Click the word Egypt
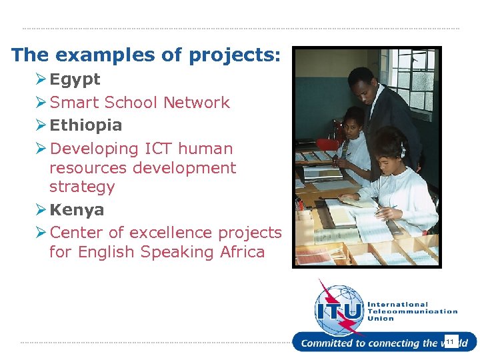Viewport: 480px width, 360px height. coord(75,80)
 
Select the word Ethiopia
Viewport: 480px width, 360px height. coord(86,125)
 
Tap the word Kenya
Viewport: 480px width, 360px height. coord(77,210)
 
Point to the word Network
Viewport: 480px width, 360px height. coord(197,103)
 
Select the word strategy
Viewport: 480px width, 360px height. coord(82,187)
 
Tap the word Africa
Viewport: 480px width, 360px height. coord(241,252)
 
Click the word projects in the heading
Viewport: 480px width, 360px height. coord(226,55)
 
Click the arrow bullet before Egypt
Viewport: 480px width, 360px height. coord(41,80)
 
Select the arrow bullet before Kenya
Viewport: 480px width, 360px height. coord(41,210)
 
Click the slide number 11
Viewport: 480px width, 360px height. coord(451,342)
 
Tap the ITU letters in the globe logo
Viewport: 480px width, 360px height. coord(339,311)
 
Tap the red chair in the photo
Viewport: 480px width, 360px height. coord(327,145)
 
